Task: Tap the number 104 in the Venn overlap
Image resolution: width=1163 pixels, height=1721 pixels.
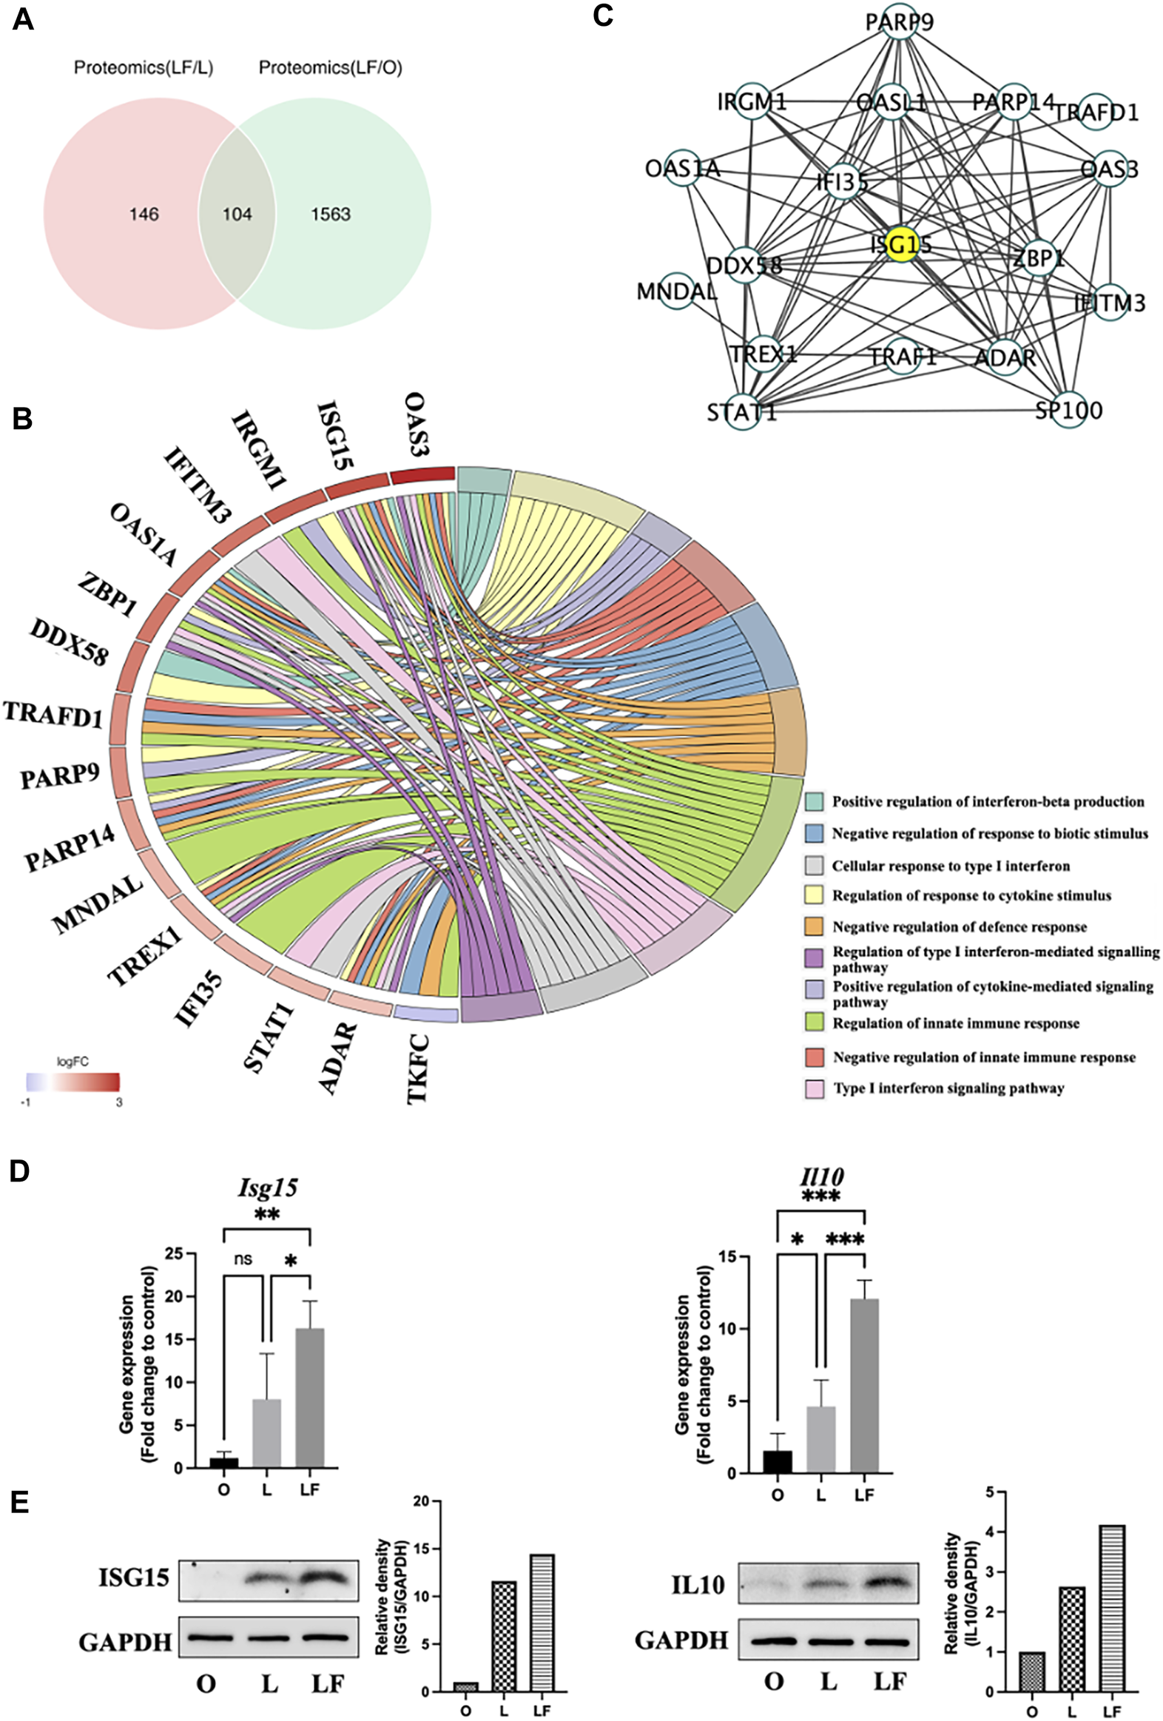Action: point(237,215)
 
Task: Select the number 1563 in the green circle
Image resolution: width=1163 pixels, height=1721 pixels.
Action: point(330,215)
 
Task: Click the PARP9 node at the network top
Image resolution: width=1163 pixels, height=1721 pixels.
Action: point(900,22)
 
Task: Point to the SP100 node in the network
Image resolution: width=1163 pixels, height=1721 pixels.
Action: point(1069,408)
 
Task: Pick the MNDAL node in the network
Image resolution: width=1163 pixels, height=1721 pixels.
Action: point(677,291)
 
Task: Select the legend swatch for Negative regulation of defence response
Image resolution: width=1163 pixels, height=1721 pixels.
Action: point(815,926)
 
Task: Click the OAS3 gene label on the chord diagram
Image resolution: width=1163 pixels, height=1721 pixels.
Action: point(416,425)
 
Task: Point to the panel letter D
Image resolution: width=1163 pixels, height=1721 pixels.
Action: point(19,1172)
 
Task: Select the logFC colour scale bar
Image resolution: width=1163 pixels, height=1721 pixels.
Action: point(73,1082)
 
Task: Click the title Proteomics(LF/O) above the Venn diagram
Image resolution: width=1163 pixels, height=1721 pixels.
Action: point(330,68)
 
